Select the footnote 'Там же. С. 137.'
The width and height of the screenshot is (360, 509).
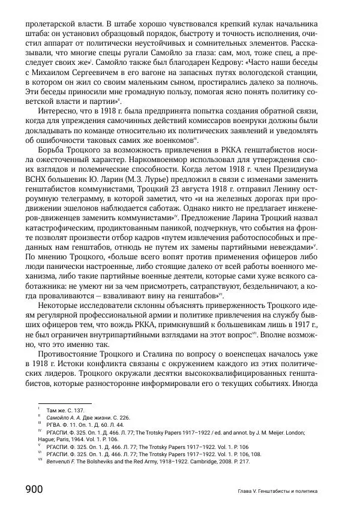[64, 408]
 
